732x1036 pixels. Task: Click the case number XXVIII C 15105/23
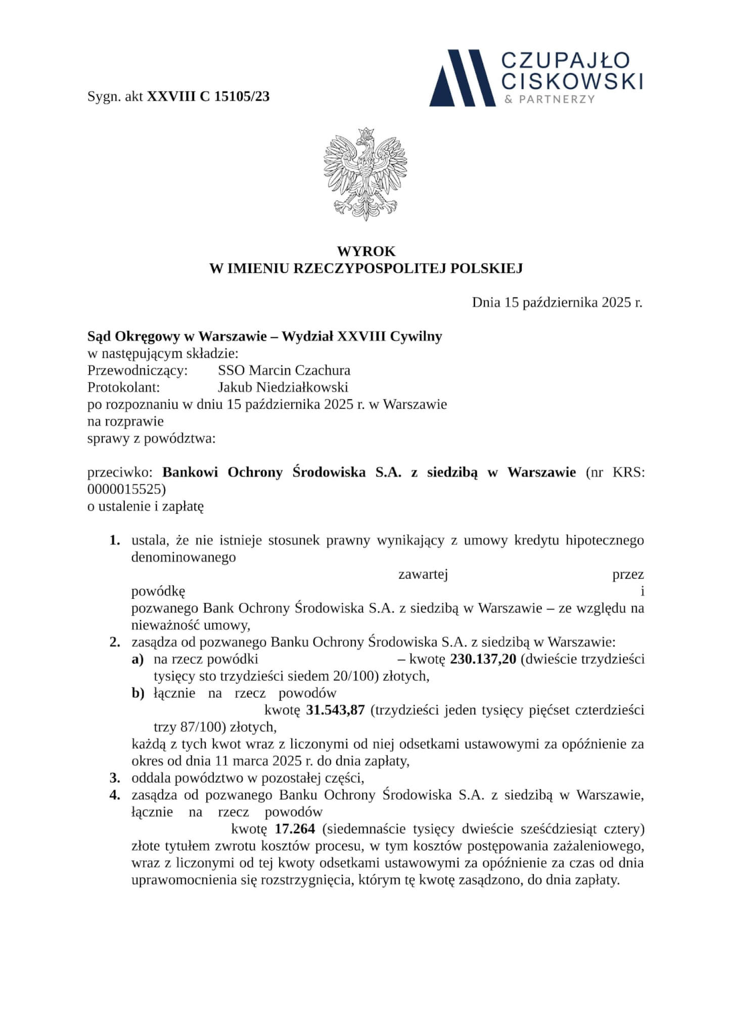point(208,97)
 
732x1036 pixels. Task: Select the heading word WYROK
point(366,251)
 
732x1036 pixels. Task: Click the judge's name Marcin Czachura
point(300,370)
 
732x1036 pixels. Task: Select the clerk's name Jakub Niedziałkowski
point(283,387)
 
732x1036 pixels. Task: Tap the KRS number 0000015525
point(126,489)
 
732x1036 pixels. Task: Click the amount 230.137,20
point(483,659)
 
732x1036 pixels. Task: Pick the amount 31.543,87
point(336,710)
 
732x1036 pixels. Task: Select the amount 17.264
point(295,829)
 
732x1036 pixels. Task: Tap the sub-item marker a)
point(138,659)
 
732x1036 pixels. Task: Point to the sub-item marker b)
point(138,693)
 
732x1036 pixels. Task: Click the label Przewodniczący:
point(138,370)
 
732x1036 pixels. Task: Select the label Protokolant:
point(124,387)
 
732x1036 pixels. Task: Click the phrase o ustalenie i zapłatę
point(146,506)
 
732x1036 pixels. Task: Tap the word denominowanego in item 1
point(184,557)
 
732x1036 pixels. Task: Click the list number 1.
point(115,540)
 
